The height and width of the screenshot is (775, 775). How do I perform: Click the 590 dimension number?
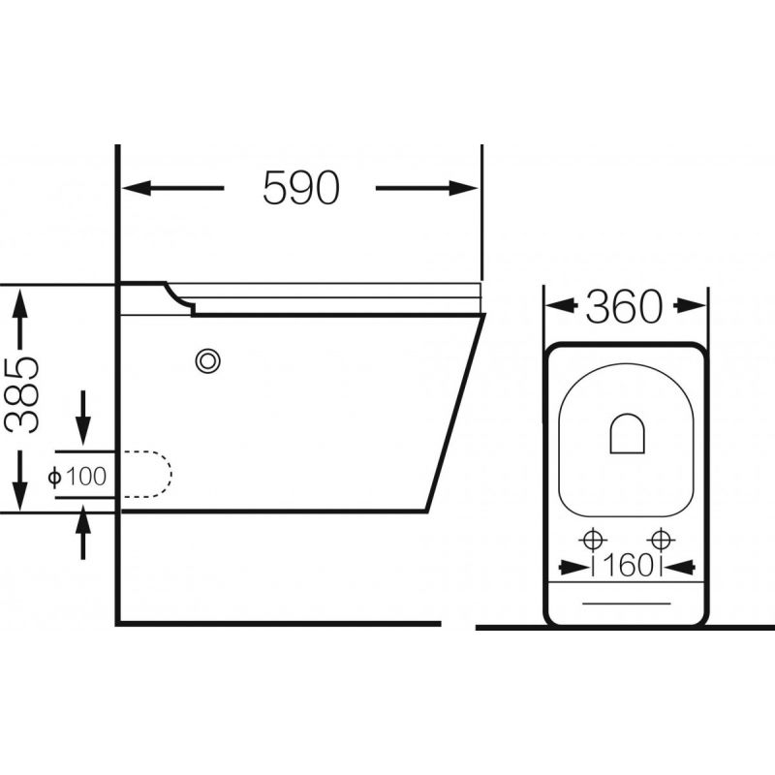coord(301,187)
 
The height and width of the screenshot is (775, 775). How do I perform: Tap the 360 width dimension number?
coord(624,307)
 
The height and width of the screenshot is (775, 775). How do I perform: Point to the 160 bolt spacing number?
coord(628,567)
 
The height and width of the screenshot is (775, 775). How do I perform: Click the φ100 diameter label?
coord(77,477)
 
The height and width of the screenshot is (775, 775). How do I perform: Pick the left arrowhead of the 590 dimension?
coord(137,188)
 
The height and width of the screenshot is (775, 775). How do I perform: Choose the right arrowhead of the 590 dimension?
coord(464,188)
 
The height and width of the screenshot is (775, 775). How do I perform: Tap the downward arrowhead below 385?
coord(19,496)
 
